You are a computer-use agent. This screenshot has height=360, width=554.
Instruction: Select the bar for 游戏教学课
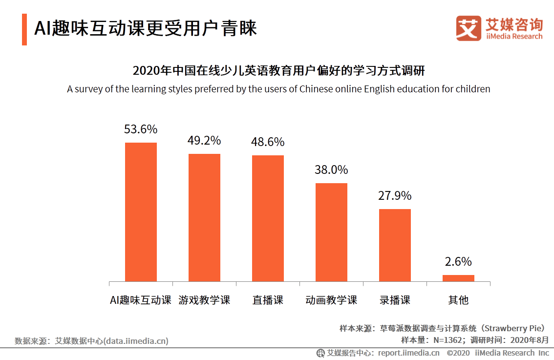204,217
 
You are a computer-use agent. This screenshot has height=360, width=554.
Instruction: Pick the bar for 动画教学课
331,232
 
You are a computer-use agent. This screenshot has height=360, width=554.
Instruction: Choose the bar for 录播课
395,245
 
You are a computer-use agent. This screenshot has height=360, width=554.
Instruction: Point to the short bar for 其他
458,278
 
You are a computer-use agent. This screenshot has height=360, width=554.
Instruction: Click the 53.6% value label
141,129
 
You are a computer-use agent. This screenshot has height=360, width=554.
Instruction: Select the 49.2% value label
204,141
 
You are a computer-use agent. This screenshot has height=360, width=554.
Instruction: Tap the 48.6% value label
268,142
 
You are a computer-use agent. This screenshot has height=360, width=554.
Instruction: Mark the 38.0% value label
331,170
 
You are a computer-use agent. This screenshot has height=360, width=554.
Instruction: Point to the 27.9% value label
395,196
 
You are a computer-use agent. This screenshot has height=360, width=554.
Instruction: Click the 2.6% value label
458,262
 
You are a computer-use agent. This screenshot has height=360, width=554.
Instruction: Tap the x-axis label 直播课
268,300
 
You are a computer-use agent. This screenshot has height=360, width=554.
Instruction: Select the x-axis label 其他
458,300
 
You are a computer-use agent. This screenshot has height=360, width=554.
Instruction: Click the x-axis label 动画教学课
331,300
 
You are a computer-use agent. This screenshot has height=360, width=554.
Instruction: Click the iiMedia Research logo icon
469,28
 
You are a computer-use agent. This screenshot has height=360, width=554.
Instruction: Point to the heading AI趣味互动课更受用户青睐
145,28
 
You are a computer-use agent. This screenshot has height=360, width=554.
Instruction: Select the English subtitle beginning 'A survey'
278,89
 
